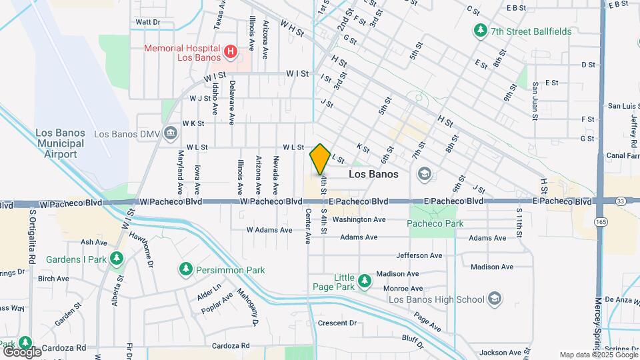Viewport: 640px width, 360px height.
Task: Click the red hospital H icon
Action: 231,51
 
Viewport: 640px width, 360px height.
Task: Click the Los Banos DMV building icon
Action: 171,133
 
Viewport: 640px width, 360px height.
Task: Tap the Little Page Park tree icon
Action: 364,281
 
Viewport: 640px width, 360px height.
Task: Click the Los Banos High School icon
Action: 495,299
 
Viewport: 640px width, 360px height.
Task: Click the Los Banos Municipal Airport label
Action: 61,143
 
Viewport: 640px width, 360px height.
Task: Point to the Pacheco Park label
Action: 435,223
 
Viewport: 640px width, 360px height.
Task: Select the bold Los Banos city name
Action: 374,174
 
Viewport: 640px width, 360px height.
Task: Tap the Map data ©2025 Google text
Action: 598,355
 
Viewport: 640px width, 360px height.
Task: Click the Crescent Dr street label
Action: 337,323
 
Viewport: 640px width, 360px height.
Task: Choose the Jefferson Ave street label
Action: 419,255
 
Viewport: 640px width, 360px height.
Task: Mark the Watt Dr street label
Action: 148,22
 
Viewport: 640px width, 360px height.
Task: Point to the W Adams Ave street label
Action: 269,229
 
